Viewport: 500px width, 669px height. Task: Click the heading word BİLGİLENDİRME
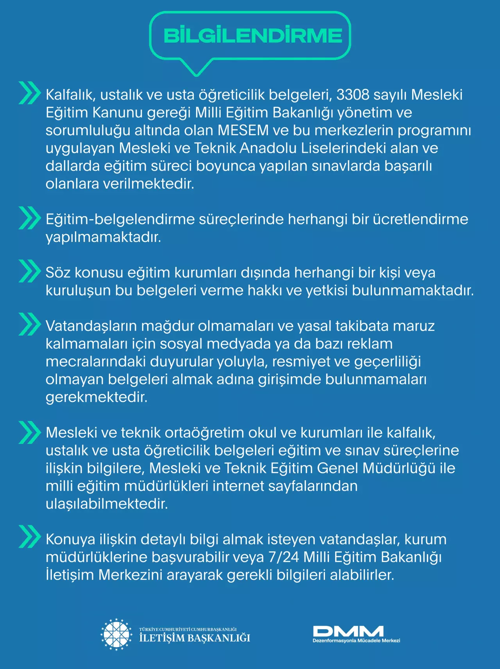[x=253, y=36]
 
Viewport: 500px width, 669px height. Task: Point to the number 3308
[x=353, y=95]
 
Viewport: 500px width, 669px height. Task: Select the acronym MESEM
[x=243, y=130]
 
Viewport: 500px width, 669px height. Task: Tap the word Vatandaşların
[x=91, y=326]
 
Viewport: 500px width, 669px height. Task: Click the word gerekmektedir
[x=96, y=397]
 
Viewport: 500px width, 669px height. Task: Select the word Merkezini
[x=130, y=575]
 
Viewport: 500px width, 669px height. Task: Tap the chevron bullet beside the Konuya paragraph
[x=29, y=537]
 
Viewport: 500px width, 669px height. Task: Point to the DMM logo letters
[x=348, y=631]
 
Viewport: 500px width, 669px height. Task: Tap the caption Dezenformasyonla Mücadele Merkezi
[x=356, y=641]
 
